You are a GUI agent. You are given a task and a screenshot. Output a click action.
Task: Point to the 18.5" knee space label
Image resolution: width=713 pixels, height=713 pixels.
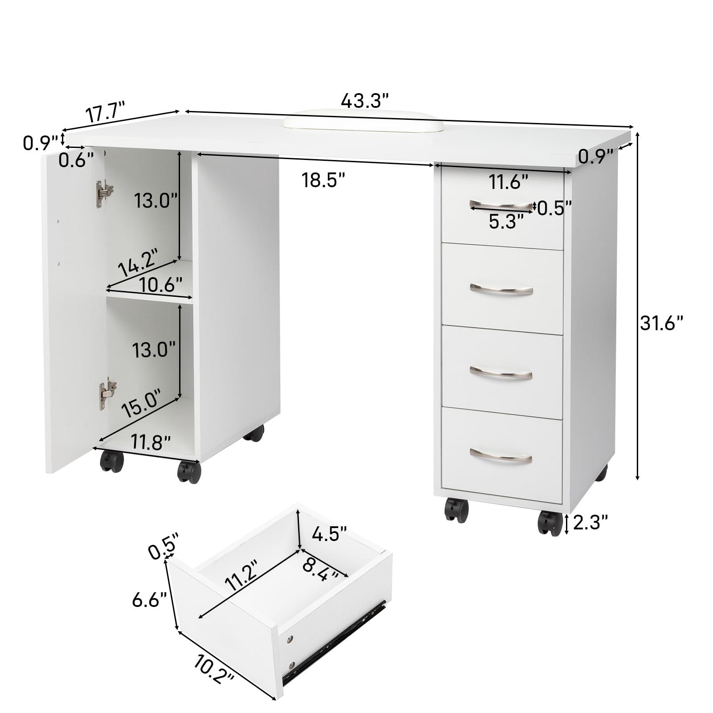324,180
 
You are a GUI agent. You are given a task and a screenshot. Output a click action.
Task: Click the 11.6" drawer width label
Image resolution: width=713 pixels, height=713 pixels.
508,182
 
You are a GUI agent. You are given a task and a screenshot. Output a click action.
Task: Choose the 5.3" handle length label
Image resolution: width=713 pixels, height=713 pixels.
506,221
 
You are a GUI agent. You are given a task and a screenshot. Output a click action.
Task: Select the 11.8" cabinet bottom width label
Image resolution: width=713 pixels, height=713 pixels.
151,443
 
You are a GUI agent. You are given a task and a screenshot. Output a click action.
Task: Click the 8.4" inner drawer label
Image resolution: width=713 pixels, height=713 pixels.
320,569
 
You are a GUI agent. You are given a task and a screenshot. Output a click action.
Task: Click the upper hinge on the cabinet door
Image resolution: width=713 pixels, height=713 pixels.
104,194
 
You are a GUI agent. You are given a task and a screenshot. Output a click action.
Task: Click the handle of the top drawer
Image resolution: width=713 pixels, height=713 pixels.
501,205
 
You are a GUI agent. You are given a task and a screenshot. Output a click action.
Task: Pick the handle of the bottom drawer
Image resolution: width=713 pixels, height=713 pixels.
501,455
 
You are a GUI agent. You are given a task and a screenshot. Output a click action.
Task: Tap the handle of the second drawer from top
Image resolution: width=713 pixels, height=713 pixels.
501,290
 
